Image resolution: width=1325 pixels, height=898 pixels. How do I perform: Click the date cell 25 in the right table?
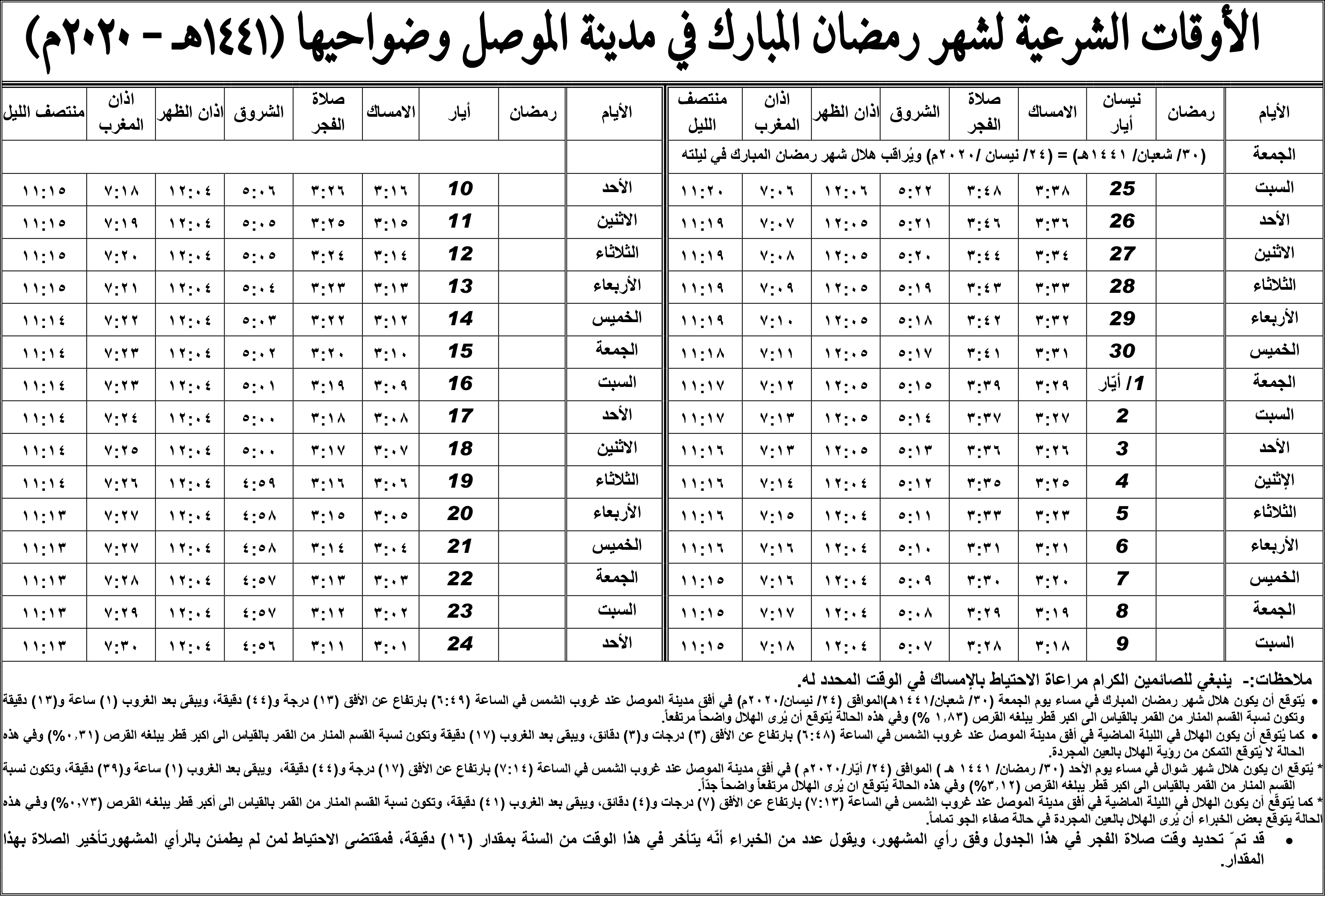(1122, 189)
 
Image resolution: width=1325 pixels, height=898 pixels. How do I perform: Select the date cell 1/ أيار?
(1122, 384)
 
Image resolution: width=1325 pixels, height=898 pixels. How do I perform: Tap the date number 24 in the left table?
(460, 644)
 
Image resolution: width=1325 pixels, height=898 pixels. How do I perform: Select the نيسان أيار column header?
(1122, 113)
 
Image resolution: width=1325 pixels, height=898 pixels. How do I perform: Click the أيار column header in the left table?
(460, 113)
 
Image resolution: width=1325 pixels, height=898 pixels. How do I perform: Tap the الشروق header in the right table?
(915, 113)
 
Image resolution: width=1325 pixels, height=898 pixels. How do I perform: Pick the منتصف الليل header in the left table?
(45, 113)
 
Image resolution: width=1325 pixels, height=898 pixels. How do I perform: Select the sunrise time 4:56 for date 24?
(259, 645)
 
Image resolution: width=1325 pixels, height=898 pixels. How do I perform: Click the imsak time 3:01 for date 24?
(391, 645)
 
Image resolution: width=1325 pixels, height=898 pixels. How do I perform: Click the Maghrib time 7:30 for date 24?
(121, 645)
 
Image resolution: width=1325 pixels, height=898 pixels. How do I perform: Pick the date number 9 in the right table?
(1122, 644)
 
